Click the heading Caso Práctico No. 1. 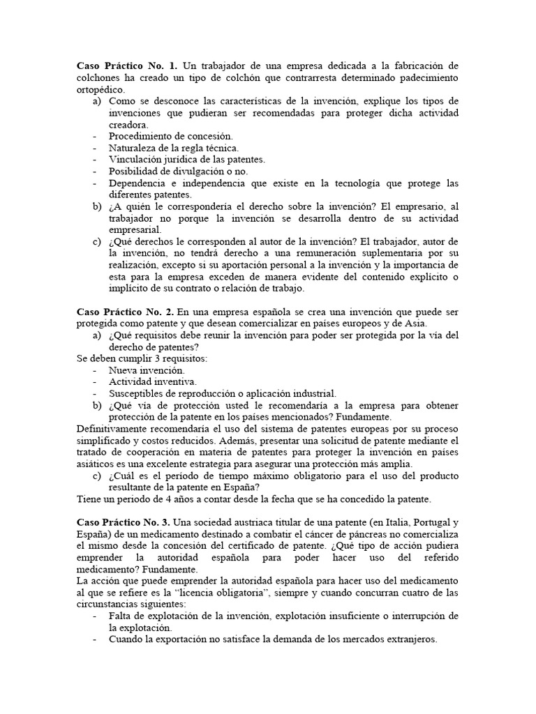[x=122, y=66]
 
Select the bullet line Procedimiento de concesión [x=170, y=136]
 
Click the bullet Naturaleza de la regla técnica [x=174, y=148]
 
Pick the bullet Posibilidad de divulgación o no [x=178, y=171]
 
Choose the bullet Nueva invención [x=147, y=370]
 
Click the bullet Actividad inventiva [x=153, y=382]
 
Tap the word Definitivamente [x=114, y=429]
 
